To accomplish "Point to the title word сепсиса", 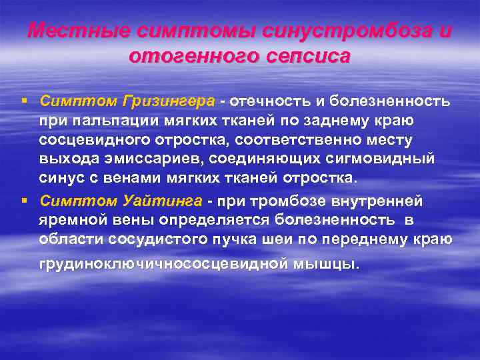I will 303,56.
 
